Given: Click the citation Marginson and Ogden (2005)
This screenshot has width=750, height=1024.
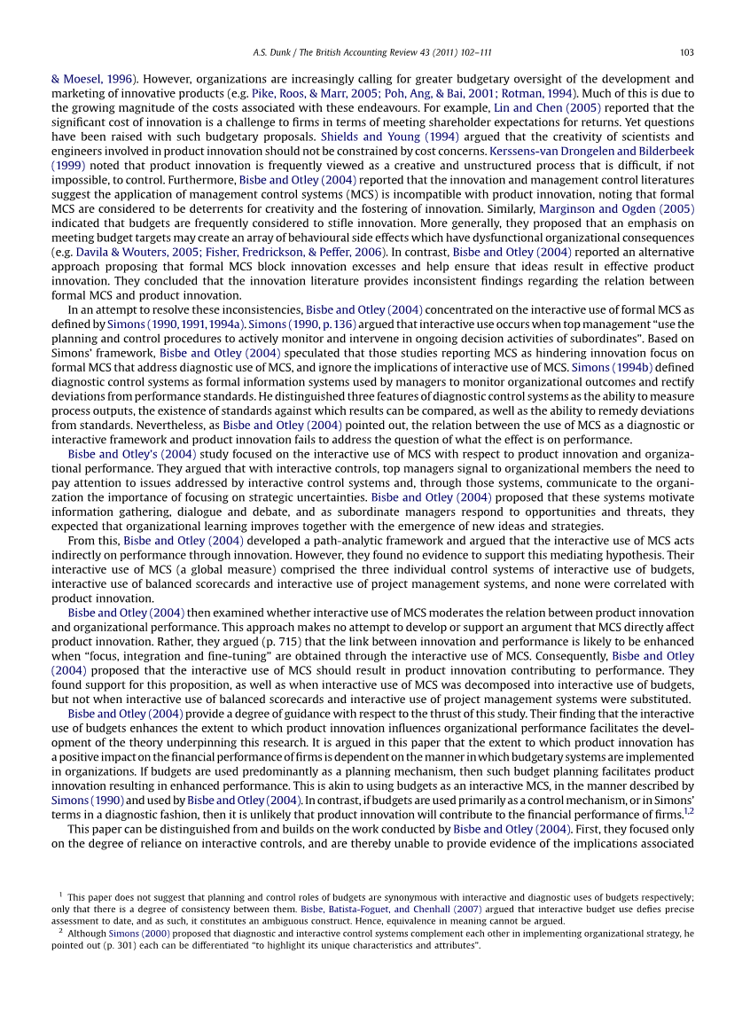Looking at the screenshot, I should tap(616, 208).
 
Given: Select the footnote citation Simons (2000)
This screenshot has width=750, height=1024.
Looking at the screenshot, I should tap(139, 934).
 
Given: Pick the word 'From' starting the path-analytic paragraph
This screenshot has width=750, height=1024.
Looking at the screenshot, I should tap(81, 540).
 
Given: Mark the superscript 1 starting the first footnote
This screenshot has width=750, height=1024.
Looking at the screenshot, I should tap(60, 895).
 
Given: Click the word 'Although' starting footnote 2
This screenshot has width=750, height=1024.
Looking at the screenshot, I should tap(88, 934).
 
